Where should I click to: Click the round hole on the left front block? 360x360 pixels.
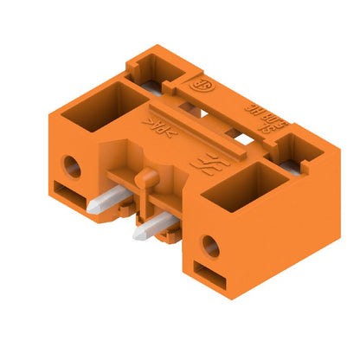(x=74, y=166)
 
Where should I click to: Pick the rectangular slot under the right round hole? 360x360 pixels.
(x=206, y=275)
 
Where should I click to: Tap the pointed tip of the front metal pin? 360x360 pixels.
(x=136, y=234)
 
